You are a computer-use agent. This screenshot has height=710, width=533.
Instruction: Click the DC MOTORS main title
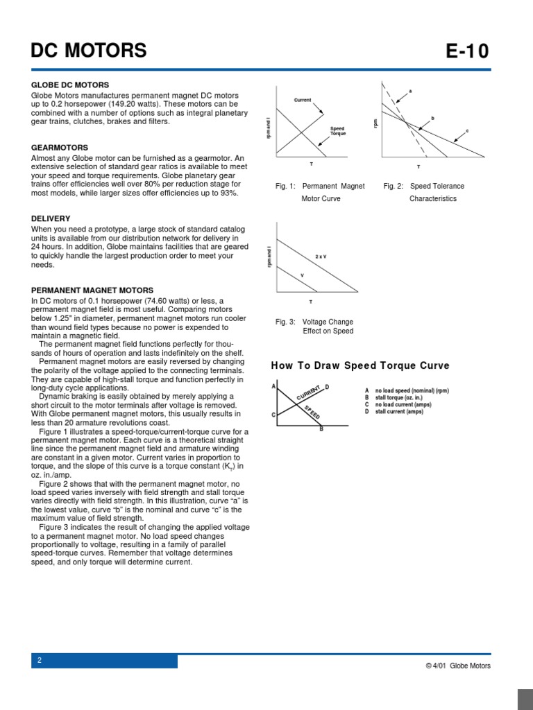[x=89, y=51]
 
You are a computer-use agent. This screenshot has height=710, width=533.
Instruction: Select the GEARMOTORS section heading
[x=60, y=148]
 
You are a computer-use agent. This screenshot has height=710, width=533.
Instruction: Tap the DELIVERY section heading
[x=51, y=218]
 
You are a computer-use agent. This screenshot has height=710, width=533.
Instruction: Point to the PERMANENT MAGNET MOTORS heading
[x=92, y=290]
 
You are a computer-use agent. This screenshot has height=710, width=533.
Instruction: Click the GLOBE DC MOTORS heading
[x=70, y=85]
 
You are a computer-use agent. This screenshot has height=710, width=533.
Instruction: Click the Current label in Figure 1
[x=303, y=101]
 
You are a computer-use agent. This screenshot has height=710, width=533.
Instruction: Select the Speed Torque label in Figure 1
[x=337, y=130]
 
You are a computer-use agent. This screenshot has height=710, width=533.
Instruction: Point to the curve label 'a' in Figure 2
[x=410, y=92]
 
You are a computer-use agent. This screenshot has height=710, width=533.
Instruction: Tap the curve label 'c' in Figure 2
[x=467, y=130]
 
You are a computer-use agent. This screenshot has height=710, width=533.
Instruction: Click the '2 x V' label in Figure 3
[x=321, y=257]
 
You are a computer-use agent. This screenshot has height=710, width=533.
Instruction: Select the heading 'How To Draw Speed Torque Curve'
[x=359, y=365]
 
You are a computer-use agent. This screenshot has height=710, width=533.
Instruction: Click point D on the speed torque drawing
[x=327, y=386]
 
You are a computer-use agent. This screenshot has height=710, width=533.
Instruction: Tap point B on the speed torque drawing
[x=321, y=429]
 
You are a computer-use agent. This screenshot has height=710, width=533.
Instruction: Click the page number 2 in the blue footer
[x=40, y=661]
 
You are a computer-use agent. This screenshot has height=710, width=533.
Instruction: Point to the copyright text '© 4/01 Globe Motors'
[x=458, y=666]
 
